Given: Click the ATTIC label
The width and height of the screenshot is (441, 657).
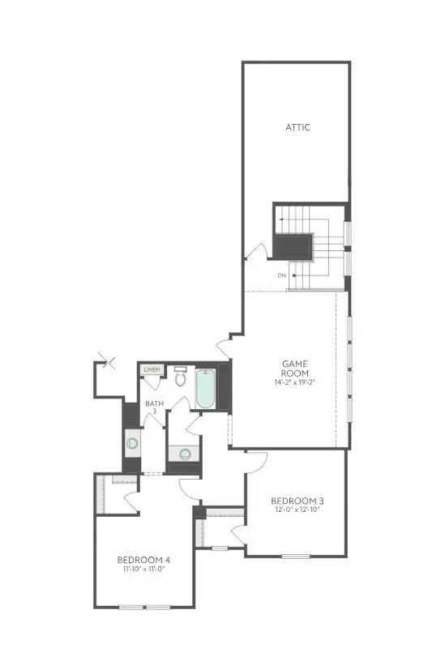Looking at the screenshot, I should pos(298,127).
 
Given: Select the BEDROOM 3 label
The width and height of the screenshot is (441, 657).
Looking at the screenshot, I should pos(296,501).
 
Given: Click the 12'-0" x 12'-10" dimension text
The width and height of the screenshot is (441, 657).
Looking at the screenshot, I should pos(296,510).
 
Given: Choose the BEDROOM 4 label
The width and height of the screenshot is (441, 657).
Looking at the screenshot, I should pos(143,559).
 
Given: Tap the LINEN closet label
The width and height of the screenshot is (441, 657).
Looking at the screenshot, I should pos(152,370).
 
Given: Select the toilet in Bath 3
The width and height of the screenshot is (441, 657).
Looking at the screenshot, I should pos(180,377).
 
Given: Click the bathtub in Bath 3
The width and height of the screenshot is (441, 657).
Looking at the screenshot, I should pos(205,389).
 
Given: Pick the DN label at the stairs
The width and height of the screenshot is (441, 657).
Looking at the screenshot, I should pos(281,276).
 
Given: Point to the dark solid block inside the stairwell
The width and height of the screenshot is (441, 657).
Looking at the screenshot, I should pos(293,245).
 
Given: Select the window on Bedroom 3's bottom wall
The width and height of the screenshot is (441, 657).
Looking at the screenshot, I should pos(296,556).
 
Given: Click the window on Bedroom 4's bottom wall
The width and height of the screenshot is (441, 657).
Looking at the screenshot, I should pos(143,607).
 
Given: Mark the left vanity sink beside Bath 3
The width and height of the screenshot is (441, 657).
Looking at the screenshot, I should pos(132,444).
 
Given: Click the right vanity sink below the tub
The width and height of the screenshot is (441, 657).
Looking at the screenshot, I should pos(185,454).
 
